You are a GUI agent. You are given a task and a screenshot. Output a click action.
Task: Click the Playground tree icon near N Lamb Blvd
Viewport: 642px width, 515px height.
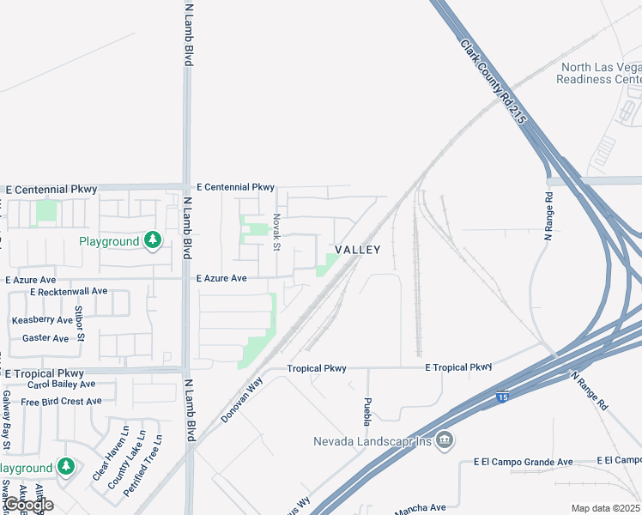point(153,241)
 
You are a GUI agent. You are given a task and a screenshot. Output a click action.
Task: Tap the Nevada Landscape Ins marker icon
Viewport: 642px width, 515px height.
point(444,441)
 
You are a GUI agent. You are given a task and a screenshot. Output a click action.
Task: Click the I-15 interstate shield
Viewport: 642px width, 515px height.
point(501,397)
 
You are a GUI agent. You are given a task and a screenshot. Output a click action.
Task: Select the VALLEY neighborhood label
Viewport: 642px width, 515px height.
point(357,250)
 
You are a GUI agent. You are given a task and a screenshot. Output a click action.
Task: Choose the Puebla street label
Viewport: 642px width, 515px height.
point(367,412)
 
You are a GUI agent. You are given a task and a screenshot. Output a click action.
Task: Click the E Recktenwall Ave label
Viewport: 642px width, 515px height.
point(68,292)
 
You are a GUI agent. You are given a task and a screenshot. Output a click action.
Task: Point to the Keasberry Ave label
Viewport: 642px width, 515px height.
point(41,320)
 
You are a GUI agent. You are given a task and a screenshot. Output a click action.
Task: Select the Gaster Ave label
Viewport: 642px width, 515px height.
point(45,339)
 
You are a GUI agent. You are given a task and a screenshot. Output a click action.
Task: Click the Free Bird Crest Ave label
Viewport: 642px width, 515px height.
point(61,402)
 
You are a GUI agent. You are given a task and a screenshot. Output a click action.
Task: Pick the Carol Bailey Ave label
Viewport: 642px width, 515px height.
point(61,385)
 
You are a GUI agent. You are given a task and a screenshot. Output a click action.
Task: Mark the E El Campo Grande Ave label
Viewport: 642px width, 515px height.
point(523,462)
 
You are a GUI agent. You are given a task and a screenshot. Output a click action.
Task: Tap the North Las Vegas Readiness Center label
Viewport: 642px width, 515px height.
point(598,73)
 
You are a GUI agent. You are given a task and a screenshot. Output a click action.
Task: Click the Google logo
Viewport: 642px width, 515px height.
point(27,505)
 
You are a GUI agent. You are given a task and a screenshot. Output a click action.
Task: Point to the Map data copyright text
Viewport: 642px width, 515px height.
point(606,508)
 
